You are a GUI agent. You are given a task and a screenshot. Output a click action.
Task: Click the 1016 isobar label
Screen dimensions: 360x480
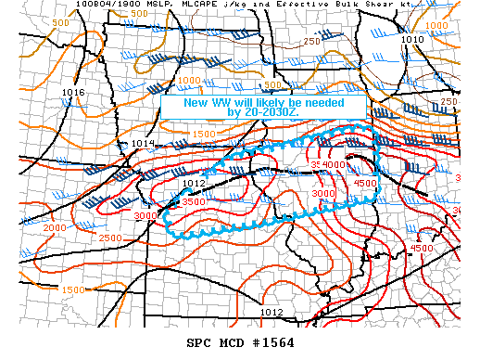pyautogui.click(x=73, y=93)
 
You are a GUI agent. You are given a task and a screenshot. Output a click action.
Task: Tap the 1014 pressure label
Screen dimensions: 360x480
pyautogui.click(x=143, y=144)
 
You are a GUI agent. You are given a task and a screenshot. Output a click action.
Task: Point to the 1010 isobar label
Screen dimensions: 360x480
pyautogui.click(x=412, y=40)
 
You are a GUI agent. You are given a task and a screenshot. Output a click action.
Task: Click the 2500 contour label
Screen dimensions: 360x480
pyautogui.click(x=110, y=239)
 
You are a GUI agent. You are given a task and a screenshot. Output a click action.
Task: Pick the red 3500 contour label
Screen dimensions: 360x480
pyautogui.click(x=194, y=201)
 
